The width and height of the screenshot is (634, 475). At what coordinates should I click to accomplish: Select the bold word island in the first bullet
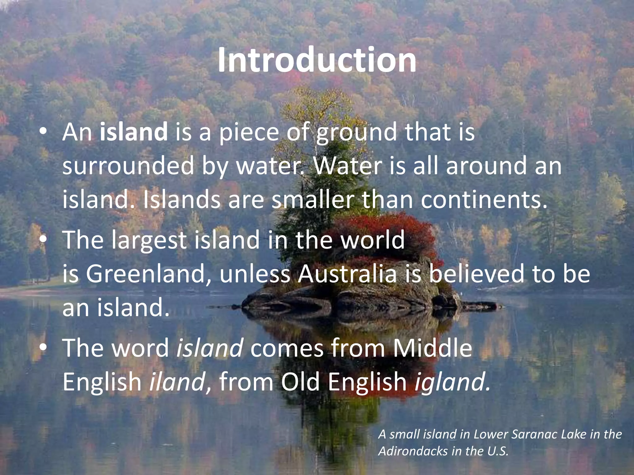click(134, 132)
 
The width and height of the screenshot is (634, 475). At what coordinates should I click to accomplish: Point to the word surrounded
click(128, 166)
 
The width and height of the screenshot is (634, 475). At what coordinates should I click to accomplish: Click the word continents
click(484, 200)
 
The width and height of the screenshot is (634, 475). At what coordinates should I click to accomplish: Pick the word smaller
click(313, 200)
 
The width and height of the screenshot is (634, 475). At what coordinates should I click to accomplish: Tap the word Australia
click(347, 274)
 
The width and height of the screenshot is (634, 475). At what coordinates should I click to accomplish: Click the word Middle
click(432, 348)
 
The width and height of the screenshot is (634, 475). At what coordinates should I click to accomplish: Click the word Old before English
click(300, 382)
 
